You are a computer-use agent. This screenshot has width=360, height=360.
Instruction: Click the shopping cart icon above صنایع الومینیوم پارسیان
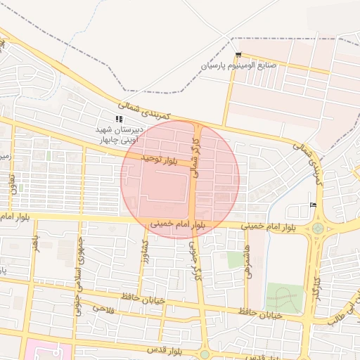tap(239, 55)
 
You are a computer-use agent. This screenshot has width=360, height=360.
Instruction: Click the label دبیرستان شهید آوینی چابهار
tap(120, 134)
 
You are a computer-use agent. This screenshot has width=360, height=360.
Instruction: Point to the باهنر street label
tap(35, 246)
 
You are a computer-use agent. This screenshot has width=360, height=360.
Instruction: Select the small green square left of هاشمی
tap(235, 259)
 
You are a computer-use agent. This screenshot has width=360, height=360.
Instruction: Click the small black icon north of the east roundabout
tap(313, 205)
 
